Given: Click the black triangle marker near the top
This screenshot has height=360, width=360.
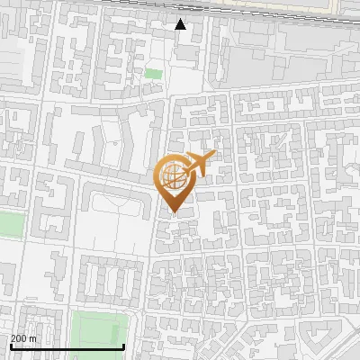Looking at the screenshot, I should point(181,24).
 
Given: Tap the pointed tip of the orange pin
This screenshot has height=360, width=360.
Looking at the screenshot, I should point(175,212).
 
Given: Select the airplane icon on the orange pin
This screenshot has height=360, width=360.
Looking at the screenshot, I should point(200,164).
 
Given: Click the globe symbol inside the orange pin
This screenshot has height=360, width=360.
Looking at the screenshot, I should point(175,177).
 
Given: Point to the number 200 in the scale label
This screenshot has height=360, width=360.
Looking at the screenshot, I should point(19,338).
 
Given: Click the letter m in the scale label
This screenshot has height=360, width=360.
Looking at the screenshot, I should point(33,338).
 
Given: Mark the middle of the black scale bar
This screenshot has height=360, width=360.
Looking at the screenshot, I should point(67,346).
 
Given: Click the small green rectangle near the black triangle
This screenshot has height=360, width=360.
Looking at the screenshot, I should point(154,74).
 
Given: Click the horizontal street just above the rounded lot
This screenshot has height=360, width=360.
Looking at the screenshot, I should point(108,175).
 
